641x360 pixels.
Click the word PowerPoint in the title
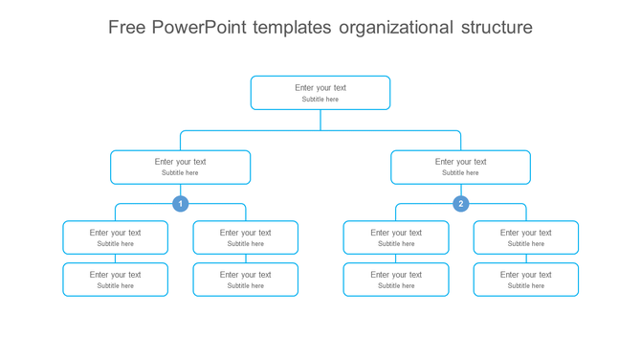coord(199,27)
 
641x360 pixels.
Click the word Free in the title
coord(127,27)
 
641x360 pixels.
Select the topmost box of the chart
coord(320,93)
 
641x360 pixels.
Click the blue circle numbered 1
coord(180,204)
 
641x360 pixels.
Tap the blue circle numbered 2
coord(460,204)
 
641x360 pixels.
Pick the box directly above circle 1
coord(180,167)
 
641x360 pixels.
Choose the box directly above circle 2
coord(460,167)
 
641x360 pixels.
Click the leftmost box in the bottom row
coord(115,280)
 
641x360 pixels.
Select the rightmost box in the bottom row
coord(525,280)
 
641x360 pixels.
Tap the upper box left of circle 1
coord(115,237)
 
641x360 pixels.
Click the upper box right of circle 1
coord(245,237)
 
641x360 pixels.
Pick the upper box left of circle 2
coord(395,237)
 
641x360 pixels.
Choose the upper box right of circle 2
coord(525,237)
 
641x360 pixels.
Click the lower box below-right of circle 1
coord(245,280)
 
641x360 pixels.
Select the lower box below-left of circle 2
coord(395,280)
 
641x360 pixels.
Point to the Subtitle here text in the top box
coord(320,100)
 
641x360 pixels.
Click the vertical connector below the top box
coord(320,120)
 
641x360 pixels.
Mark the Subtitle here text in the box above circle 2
coord(460,173)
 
